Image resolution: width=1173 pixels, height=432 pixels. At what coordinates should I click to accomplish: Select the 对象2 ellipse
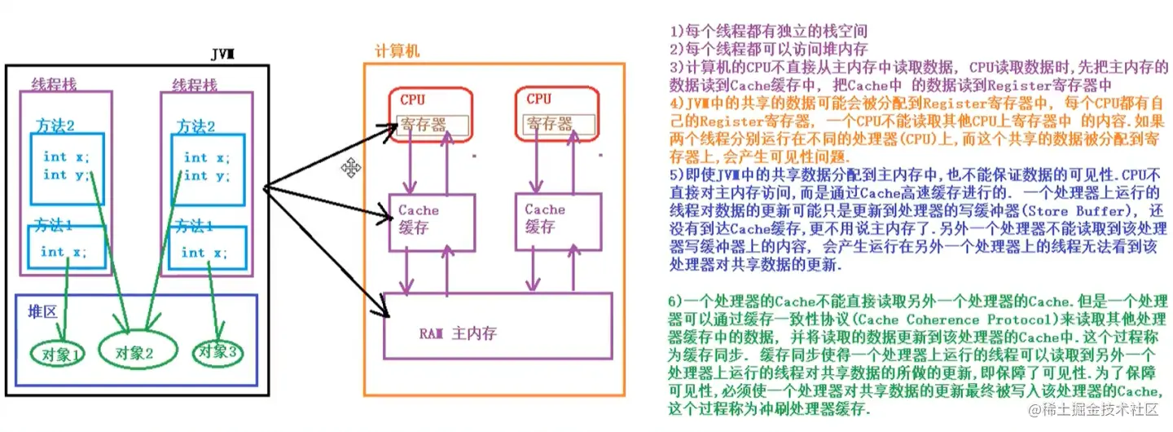135,352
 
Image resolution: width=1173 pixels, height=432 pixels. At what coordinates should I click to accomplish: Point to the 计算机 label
398,51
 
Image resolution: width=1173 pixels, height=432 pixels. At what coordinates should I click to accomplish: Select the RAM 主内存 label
459,333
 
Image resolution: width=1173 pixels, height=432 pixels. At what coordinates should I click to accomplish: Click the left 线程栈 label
55,84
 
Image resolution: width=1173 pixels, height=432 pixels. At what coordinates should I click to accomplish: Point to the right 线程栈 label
195,85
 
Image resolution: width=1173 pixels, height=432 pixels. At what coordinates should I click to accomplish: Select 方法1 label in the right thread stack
196,226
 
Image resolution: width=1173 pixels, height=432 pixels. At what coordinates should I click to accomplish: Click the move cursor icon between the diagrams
352,168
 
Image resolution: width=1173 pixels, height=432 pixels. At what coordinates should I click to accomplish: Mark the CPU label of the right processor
538,99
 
